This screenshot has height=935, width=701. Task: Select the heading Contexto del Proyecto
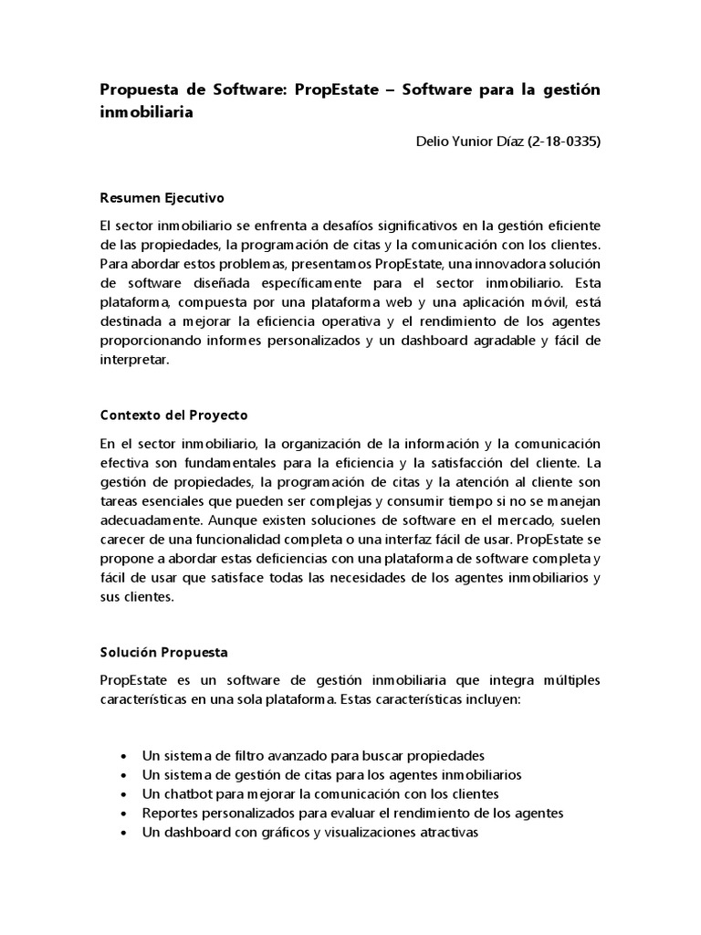point(173,415)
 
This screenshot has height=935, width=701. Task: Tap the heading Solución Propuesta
point(164,653)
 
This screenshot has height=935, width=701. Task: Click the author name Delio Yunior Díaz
point(465,142)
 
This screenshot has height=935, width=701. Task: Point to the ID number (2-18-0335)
point(564,142)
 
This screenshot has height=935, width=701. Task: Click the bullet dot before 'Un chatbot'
point(123,793)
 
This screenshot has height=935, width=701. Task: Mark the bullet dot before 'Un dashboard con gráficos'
point(123,833)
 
